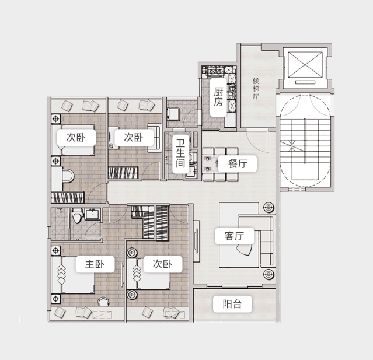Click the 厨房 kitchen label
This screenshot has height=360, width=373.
click(218, 97)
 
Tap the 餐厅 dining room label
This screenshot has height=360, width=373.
click(238, 163)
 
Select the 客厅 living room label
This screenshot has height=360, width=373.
click(234, 236)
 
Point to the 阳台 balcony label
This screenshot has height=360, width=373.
click(232, 304)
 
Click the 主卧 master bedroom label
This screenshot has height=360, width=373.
click(95, 264)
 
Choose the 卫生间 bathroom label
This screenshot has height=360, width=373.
click(180, 153)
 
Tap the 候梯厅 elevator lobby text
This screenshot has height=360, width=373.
click(256, 89)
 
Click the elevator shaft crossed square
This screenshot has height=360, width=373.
click(305, 65)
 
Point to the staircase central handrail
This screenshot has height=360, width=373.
click(305, 141)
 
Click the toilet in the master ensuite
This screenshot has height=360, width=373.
click(77, 215)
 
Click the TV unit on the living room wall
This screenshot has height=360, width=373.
click(196, 241)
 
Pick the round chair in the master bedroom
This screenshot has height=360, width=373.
click(103, 302)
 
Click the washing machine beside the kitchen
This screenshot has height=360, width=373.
click(173, 114)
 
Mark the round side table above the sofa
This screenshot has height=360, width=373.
click(269, 207)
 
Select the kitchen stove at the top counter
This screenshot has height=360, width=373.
click(216, 71)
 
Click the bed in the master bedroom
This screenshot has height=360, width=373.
click(74, 275)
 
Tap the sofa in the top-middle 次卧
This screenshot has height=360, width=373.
click(154, 138)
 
